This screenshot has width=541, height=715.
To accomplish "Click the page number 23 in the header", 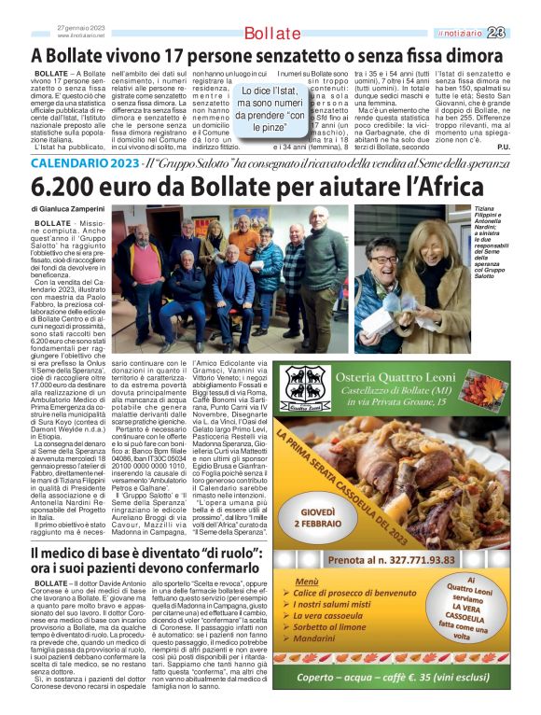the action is click(x=520, y=34).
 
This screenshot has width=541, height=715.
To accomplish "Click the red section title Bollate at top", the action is click(x=271, y=34).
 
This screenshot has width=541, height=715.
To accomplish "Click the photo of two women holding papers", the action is click(x=414, y=283).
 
